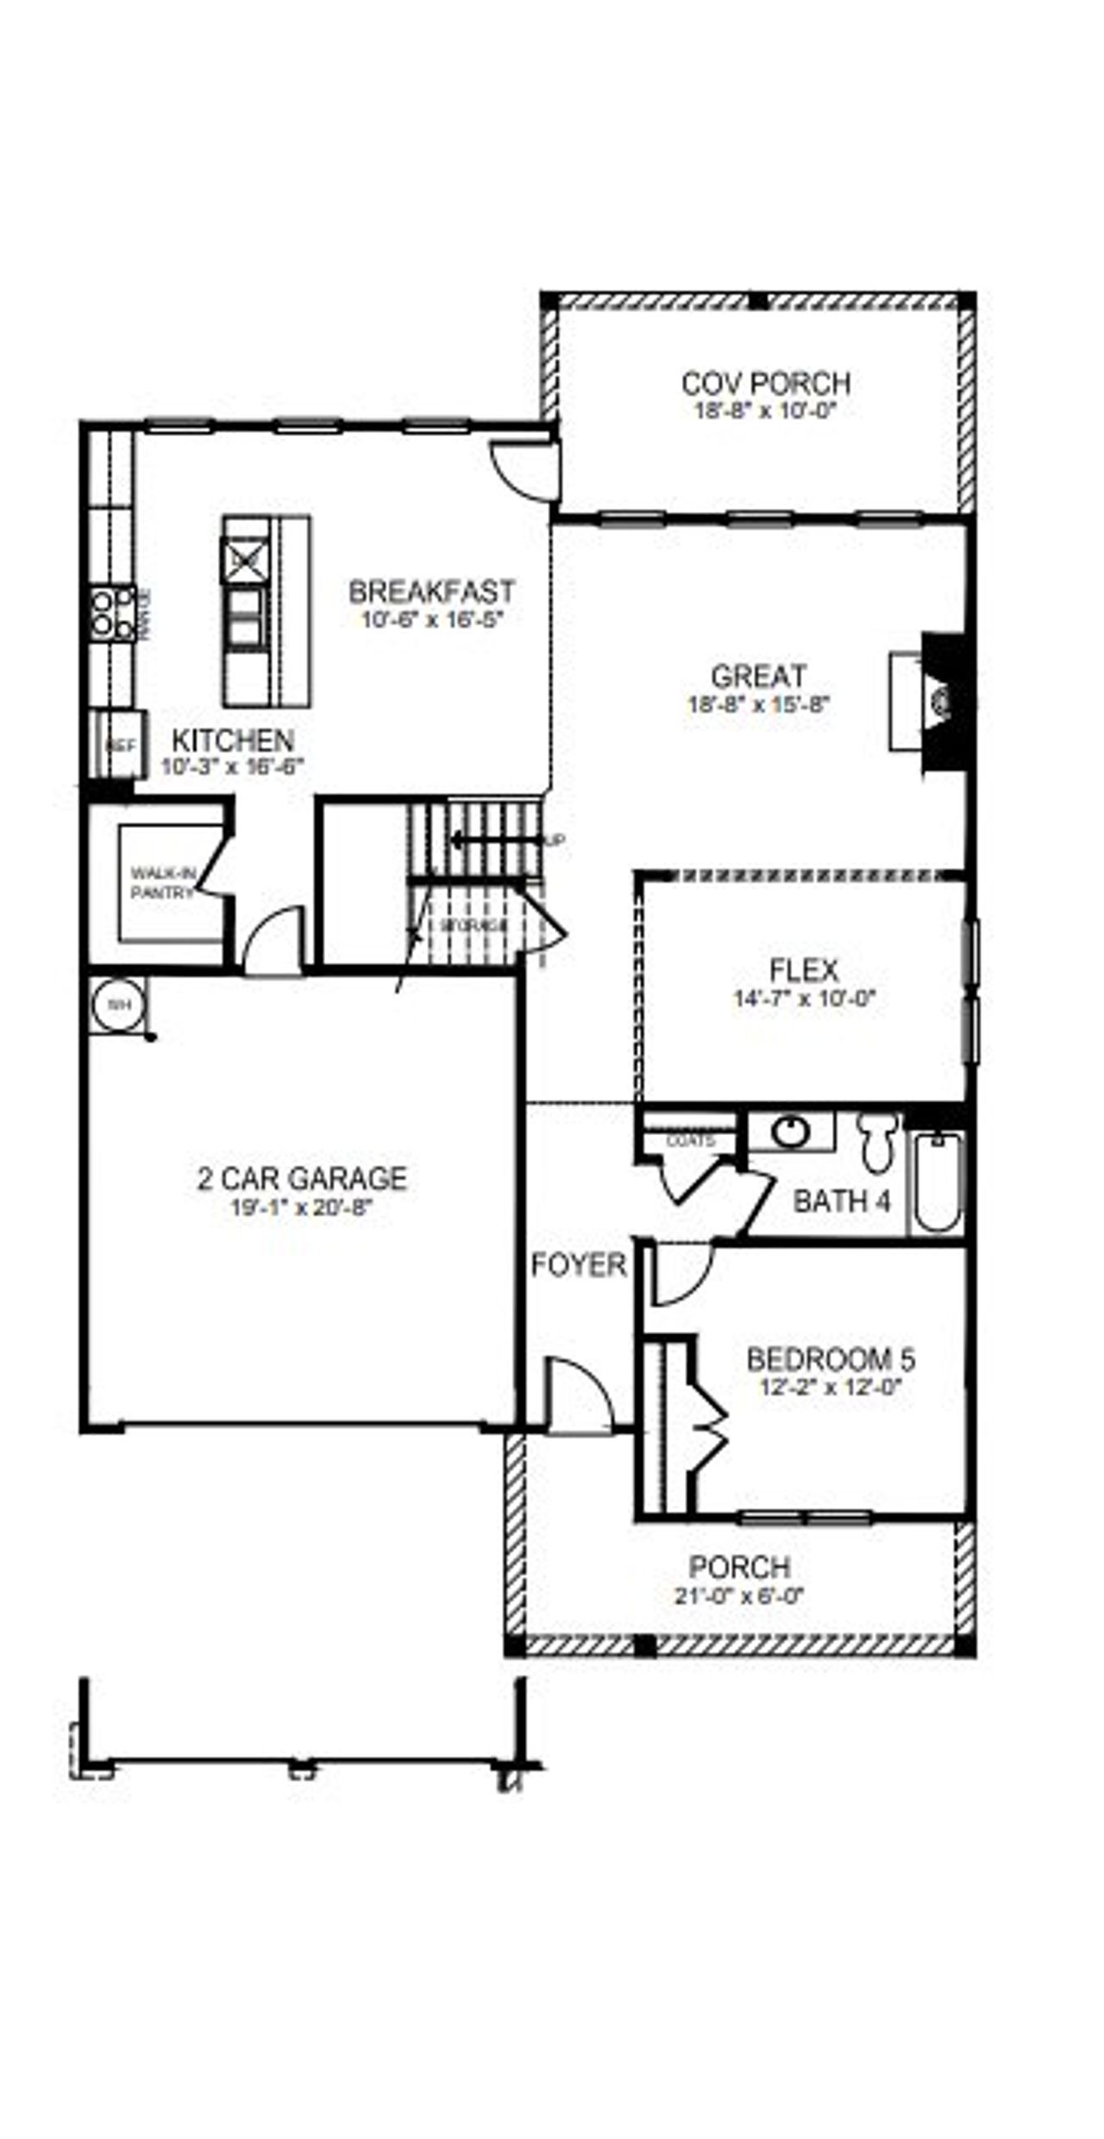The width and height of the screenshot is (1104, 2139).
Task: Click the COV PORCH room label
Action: [x=765, y=382]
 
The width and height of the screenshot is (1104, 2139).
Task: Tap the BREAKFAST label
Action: [x=431, y=592]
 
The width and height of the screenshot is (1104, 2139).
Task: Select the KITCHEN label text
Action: [x=233, y=740]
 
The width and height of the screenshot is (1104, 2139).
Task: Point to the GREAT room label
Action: [x=758, y=675]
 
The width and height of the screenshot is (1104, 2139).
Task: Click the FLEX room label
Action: [x=804, y=970]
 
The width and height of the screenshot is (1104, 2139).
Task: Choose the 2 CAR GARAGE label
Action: [x=302, y=1178]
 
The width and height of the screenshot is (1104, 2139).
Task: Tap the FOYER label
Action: [x=578, y=1265]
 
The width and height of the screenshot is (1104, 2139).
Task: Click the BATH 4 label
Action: [x=841, y=1201]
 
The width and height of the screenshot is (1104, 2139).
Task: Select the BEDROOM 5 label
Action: [x=830, y=1360]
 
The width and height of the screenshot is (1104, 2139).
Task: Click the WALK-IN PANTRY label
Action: [x=162, y=883]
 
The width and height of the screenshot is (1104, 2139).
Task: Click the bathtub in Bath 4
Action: [x=938, y=1182]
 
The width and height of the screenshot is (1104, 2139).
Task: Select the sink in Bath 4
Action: [x=790, y=1132]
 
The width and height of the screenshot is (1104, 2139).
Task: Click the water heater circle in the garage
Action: [x=118, y=1005]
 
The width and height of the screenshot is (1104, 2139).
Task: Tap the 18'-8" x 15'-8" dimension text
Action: [x=758, y=704]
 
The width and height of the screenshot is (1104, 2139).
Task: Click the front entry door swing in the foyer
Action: [x=580, y=1397]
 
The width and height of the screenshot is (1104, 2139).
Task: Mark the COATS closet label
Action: [x=691, y=1141]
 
